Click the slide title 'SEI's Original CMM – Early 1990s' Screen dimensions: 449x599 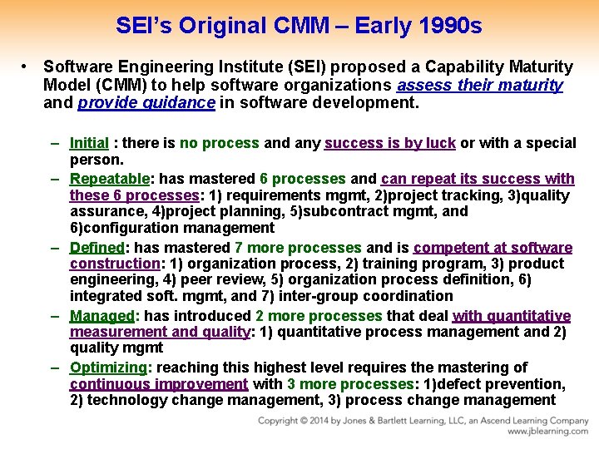pyautogui.click(x=299, y=26)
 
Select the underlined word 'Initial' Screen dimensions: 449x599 pyautogui.click(x=89, y=143)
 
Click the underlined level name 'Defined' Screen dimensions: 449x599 pyautogui.click(x=96, y=248)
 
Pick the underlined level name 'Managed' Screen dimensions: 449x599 pyautogui.click(x=101, y=316)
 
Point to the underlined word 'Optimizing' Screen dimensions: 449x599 pyautogui.click(x=108, y=368)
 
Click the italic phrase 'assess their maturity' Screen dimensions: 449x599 pyautogui.click(x=480, y=85)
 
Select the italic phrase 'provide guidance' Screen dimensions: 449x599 pyautogui.click(x=146, y=103)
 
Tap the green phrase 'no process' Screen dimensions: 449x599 pyautogui.click(x=220, y=143)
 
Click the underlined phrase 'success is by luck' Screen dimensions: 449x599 pyautogui.click(x=389, y=143)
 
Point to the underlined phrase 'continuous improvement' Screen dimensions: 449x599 pyautogui.click(x=158, y=384)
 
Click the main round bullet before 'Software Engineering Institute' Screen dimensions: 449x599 pyautogui.click(x=27, y=67)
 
